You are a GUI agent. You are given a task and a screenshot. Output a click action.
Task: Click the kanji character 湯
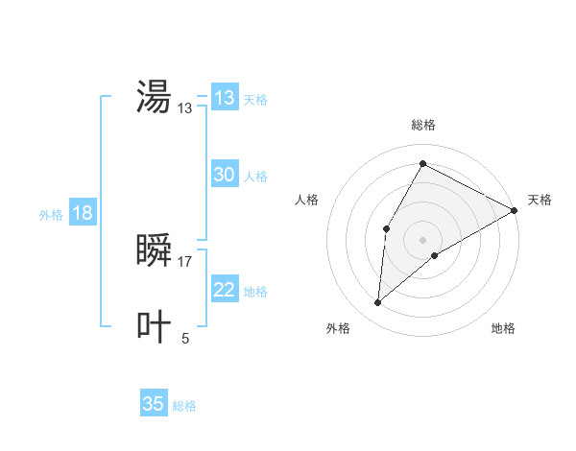pos(154,96)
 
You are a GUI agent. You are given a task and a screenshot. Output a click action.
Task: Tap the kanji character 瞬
pos(154,250)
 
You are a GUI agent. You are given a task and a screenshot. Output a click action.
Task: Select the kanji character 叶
pos(154,326)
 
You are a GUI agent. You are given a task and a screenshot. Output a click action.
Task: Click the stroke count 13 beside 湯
pos(185,108)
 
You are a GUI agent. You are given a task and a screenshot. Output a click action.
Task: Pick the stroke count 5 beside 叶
pos(185,338)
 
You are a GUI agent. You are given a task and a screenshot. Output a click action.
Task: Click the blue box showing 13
pos(225,98)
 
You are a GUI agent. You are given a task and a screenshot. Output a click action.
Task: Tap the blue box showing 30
pos(225,175)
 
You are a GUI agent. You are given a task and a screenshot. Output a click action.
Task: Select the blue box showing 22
pos(225,290)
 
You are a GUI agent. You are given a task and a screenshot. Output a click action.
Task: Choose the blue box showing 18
pos(83,213)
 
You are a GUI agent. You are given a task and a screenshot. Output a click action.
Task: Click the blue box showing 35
pos(154,404)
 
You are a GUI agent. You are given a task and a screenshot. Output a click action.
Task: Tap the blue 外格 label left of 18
pos(51,215)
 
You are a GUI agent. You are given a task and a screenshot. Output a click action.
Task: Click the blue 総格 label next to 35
pos(184,406)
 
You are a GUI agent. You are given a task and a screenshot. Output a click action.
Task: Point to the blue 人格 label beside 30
pos(255,177)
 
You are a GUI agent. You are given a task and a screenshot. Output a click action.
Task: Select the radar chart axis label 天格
pos(540,200)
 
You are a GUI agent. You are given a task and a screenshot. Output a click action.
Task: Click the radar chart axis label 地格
pos(503,328)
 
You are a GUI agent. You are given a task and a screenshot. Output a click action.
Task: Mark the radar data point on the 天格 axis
pos(515,210)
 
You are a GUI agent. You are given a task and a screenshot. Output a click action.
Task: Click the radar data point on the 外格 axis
pos(378,303)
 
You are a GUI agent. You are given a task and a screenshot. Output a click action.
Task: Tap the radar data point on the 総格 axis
pos(422,163)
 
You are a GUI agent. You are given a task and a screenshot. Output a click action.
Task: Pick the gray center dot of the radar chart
pos(422,240)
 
